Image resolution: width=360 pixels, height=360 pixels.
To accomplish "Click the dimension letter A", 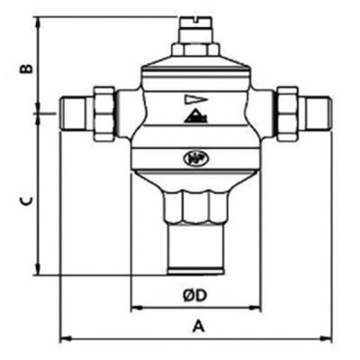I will tap(195, 327).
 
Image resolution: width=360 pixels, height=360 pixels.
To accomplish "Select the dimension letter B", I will tap(27, 67).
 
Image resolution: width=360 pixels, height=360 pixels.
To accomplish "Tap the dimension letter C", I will tap(27, 202).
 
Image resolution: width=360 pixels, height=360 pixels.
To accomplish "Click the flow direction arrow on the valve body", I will tap(193, 100).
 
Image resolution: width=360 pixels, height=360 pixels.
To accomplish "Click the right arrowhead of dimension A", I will tap(328, 338).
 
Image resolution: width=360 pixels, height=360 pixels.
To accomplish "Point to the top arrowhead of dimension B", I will tap(38, 20).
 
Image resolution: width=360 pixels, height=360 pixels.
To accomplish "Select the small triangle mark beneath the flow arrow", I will tap(193, 116).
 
